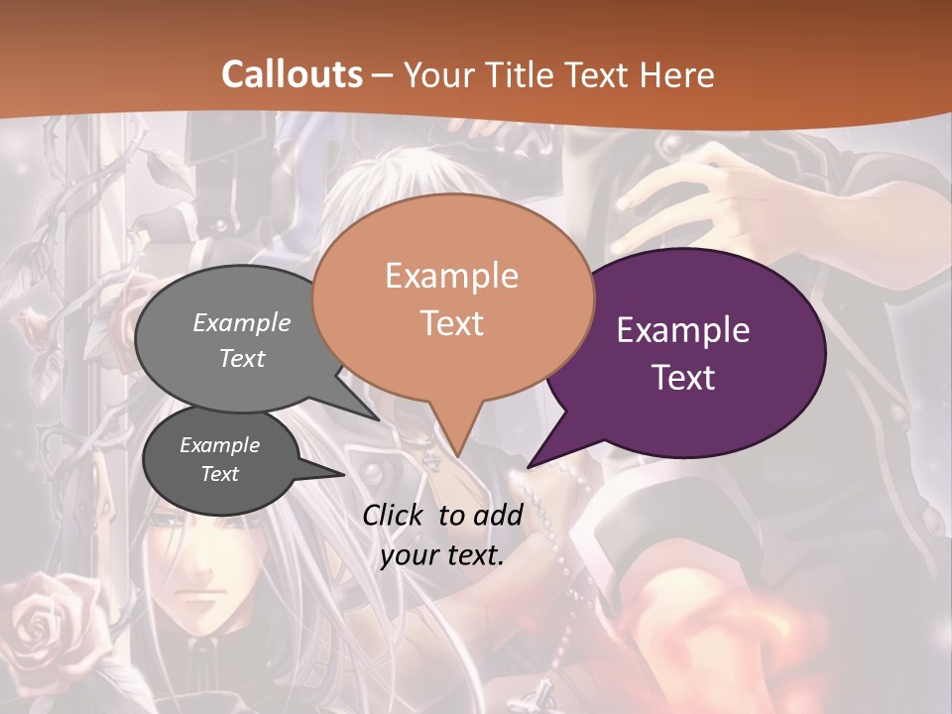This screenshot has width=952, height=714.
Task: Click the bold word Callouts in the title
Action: click(x=292, y=74)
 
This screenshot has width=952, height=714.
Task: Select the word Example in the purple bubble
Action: click(x=683, y=330)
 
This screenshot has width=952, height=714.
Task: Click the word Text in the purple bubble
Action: click(x=683, y=377)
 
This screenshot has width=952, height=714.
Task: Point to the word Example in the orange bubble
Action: click(x=451, y=276)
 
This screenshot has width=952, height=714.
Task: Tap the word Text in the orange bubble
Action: click(x=451, y=323)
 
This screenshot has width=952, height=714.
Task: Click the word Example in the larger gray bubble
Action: click(x=242, y=322)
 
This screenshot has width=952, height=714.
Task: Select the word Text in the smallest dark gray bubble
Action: click(x=220, y=474)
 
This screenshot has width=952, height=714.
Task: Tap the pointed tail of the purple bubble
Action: click(x=532, y=464)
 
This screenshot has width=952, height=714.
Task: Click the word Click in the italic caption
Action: click(x=394, y=515)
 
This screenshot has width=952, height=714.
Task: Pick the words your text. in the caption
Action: click(x=442, y=555)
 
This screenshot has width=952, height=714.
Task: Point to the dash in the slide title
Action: click(x=384, y=74)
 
